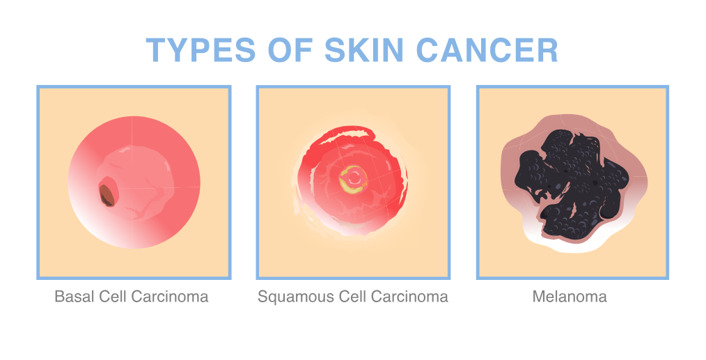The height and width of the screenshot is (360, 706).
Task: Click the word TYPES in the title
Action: coord(201,49)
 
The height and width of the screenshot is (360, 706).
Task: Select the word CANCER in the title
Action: coord(487,49)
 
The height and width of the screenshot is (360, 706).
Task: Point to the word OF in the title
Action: coord(290,49)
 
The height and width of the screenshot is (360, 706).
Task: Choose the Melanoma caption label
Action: coord(570,297)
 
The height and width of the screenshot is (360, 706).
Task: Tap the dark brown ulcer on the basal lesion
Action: coord(107,195)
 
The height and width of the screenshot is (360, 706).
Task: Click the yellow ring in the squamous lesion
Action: coord(353,180)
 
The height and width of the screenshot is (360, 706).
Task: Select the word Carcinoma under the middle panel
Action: coord(409,297)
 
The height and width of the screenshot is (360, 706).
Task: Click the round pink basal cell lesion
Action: coord(134,182)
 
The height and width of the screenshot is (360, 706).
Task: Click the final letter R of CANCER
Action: coord(548,49)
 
